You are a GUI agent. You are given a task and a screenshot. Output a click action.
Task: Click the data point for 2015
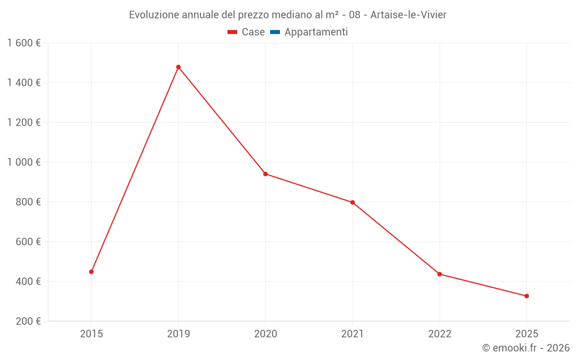[92, 272]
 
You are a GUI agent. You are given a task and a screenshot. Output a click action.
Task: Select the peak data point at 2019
[179, 67]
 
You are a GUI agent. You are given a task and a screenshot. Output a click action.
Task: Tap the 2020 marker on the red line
[266, 174]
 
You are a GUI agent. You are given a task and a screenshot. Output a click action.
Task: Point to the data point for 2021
[353, 202]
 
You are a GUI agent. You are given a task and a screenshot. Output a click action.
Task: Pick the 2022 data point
[439, 274]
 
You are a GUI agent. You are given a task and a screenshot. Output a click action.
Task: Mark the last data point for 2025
[526, 296]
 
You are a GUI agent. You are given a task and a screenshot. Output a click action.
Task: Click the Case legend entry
[247, 32]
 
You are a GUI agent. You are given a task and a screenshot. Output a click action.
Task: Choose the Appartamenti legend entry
[309, 32]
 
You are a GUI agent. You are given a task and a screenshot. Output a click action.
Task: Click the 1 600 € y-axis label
[24, 43]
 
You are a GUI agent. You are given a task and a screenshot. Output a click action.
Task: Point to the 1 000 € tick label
[24, 162]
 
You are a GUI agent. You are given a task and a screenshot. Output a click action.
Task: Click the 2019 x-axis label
[179, 334]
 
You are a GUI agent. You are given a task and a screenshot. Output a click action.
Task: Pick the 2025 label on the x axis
[526, 334]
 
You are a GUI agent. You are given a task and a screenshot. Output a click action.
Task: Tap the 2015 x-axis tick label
[92, 334]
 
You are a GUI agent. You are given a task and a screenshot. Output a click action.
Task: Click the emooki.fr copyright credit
[525, 348]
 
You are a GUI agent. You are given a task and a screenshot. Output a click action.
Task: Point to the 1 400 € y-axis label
[24, 83]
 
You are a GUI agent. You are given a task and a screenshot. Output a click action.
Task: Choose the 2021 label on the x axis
[353, 334]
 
